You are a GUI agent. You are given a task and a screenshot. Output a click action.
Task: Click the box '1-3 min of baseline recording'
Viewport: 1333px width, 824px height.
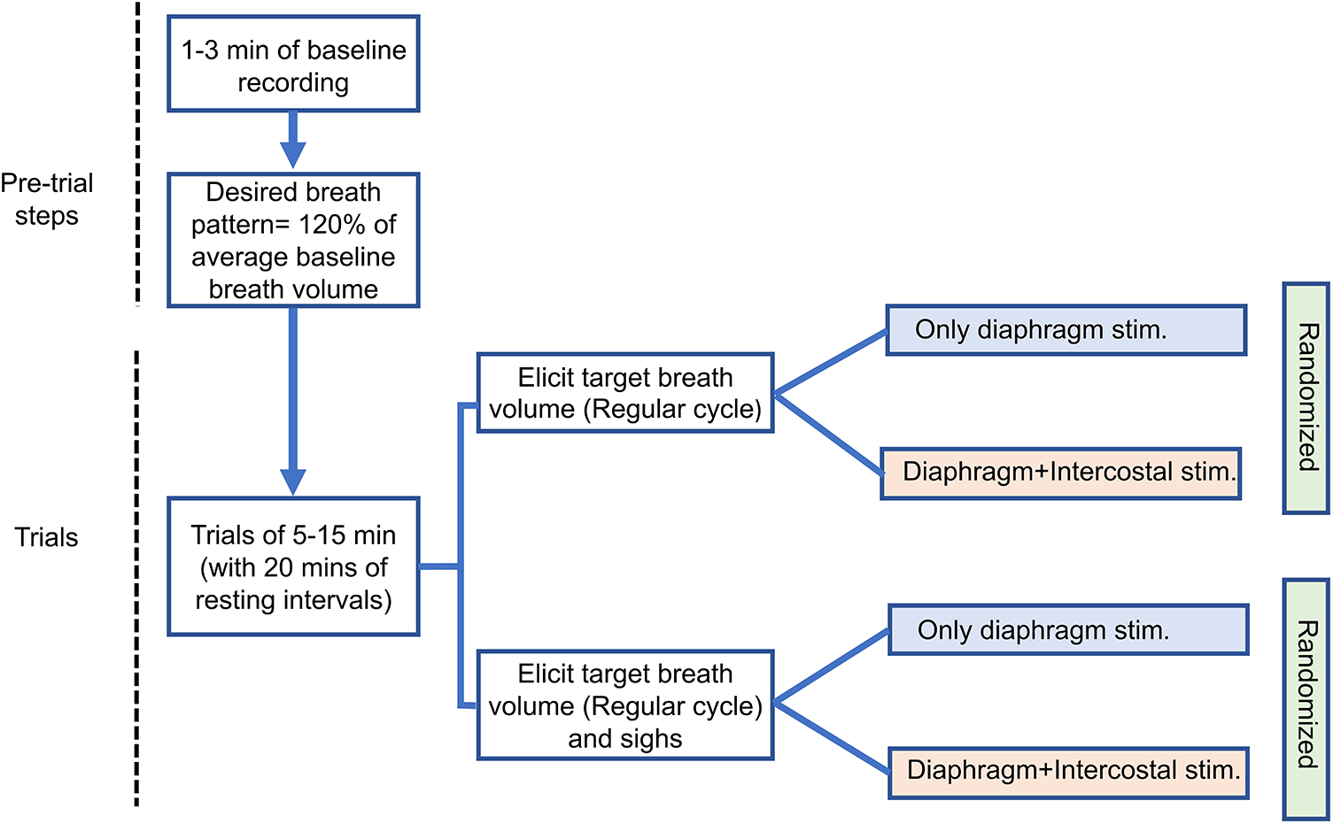[293, 64]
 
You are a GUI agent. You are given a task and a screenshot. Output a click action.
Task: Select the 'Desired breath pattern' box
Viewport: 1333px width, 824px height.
[293, 240]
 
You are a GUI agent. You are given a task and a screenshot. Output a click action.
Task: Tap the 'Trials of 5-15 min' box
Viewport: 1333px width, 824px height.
[293, 566]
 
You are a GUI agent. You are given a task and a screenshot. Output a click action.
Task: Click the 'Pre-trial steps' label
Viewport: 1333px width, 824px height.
[47, 199]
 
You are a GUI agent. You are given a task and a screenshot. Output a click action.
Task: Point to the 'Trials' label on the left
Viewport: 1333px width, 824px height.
[46, 537]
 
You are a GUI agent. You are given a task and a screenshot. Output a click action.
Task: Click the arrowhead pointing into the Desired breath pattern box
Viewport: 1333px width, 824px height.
[293, 155]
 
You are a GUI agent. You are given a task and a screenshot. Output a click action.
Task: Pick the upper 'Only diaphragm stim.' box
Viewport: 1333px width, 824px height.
[1066, 330]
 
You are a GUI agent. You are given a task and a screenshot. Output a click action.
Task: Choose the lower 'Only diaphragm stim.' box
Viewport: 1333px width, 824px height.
[1068, 630]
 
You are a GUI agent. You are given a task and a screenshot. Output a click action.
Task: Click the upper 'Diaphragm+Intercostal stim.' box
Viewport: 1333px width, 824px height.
[1061, 473]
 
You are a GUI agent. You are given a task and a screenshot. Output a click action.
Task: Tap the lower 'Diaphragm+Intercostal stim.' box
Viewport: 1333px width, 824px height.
[1069, 772]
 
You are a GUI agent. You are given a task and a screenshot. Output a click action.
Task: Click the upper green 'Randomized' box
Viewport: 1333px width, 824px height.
[1306, 397]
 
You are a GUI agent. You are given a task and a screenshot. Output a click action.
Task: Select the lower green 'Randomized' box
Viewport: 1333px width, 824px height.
[1306, 698]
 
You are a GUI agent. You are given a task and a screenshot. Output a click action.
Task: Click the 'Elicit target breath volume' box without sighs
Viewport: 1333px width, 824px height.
[625, 393]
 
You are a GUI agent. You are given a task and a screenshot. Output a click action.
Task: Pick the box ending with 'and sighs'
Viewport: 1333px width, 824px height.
[625, 705]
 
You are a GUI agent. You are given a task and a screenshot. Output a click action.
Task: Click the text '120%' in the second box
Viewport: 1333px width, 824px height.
[333, 225]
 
